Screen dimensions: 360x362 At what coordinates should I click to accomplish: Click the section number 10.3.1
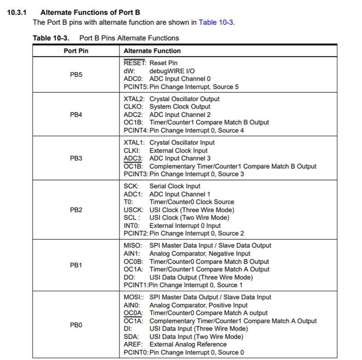[18, 13]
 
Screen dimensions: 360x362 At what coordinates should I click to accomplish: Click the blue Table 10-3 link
[216, 22]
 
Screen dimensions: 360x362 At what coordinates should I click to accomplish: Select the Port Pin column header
[76, 51]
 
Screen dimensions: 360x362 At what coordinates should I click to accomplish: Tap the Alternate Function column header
[152, 51]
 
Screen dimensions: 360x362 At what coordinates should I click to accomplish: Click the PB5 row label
[76, 75]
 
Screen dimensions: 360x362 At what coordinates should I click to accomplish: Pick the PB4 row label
[76, 114]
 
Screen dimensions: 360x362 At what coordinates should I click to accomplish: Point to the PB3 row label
[76, 158]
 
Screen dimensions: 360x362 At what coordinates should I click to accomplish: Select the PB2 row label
[76, 210]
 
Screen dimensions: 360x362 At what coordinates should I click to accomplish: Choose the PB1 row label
[76, 265]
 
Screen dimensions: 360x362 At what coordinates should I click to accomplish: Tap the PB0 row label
[76, 325]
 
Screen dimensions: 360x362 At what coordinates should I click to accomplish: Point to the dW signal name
[129, 71]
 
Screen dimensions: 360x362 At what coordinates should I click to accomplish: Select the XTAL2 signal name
[133, 99]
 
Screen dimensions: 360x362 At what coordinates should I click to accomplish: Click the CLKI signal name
[132, 151]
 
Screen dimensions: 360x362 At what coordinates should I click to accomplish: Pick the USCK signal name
[133, 210]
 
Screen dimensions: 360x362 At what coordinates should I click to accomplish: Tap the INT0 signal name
[131, 226]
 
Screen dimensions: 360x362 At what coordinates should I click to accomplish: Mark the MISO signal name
[133, 246]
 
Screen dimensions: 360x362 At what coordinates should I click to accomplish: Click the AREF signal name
[133, 345]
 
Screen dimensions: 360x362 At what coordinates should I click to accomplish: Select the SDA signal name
[131, 336]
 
